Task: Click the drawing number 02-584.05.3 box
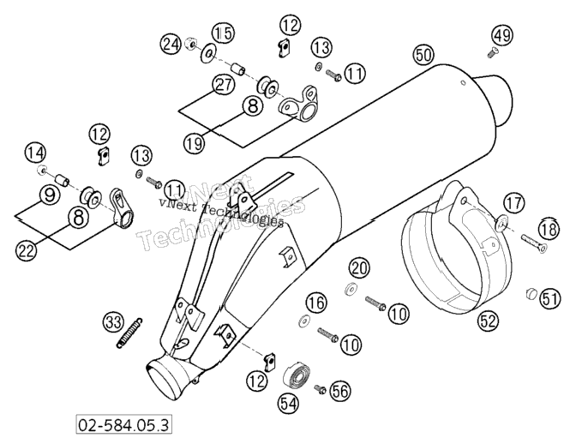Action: [x=123, y=425]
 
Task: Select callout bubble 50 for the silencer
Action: [x=423, y=55]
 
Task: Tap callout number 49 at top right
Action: [x=502, y=35]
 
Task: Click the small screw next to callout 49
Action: [x=492, y=53]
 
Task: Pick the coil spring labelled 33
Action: [x=129, y=333]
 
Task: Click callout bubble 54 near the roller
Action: [x=288, y=404]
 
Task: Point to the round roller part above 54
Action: [x=297, y=376]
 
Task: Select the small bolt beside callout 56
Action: [x=321, y=388]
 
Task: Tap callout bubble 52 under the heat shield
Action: [x=489, y=321]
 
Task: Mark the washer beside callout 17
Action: [x=501, y=223]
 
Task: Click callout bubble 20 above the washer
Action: [x=359, y=268]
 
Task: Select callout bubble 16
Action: [x=316, y=303]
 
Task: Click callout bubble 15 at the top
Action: [x=224, y=33]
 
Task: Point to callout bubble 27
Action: [x=224, y=85]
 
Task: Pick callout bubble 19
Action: [x=195, y=142]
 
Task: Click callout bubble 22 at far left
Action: [x=27, y=250]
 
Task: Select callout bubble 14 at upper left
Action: [x=36, y=153]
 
